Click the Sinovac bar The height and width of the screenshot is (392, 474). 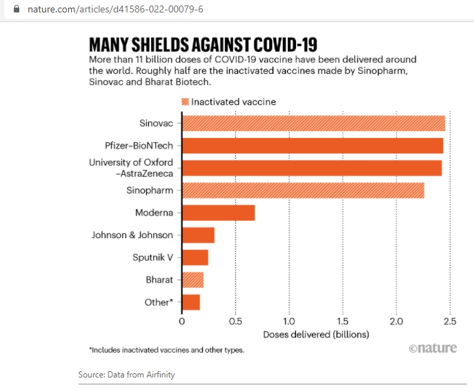(x=313, y=124)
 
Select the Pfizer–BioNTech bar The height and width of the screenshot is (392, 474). (x=313, y=146)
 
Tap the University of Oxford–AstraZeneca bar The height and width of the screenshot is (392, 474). (x=312, y=168)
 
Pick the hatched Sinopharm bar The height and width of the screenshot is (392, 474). (x=303, y=190)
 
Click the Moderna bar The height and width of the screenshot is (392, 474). (x=218, y=213)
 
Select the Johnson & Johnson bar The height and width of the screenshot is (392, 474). (x=198, y=235)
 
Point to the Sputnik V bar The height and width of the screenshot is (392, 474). (x=195, y=257)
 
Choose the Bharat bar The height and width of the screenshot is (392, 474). (x=192, y=280)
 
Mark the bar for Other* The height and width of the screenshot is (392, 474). (x=190, y=302)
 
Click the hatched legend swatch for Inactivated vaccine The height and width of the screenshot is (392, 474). (x=184, y=101)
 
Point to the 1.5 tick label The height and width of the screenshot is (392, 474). (x=342, y=322)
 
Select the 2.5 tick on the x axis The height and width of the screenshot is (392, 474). (x=450, y=322)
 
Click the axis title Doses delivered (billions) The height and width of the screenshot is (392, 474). (x=316, y=335)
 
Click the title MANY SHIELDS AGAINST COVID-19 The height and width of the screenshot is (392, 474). (x=203, y=45)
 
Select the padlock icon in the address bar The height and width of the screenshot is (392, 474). (x=8, y=10)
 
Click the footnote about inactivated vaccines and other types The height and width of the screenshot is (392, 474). (x=166, y=351)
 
